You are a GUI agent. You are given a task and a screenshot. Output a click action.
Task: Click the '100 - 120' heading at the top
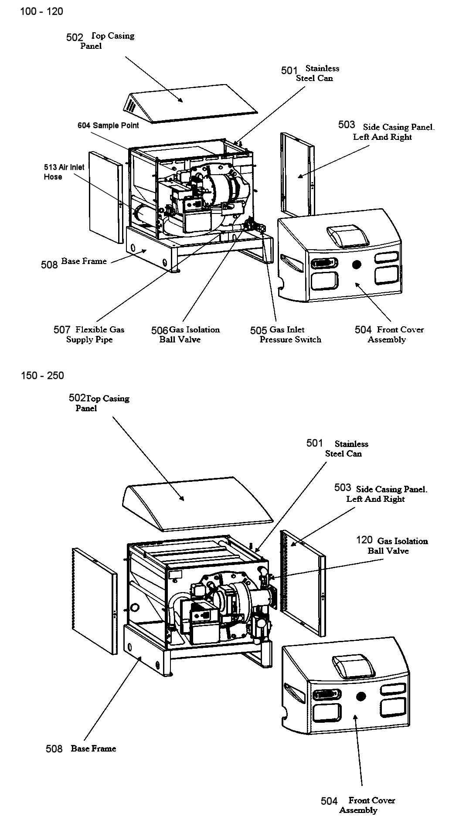(42, 12)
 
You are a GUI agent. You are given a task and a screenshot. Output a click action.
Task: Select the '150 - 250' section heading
(42, 376)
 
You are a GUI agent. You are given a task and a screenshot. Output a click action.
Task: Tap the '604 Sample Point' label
(108, 125)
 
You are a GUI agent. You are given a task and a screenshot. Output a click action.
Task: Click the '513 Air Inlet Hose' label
(64, 172)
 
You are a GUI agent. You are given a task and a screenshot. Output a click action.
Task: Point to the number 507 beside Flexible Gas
(62, 330)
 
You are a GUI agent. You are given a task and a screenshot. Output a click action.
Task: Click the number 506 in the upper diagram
(160, 331)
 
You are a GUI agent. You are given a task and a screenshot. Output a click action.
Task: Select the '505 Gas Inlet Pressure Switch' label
(286, 335)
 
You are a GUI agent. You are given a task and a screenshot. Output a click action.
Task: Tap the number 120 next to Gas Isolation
(364, 540)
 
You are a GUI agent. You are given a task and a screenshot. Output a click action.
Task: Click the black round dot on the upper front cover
(357, 264)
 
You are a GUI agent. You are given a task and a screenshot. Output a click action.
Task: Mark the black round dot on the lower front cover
(361, 696)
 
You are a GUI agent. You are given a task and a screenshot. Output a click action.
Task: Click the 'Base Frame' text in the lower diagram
(93, 748)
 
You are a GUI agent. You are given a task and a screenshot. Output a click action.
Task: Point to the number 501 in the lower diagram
(314, 443)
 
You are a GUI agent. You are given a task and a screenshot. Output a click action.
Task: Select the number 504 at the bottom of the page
(329, 801)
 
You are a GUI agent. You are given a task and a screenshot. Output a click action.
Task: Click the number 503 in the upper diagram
(347, 125)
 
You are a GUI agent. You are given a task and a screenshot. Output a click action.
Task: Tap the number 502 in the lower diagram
(77, 398)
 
